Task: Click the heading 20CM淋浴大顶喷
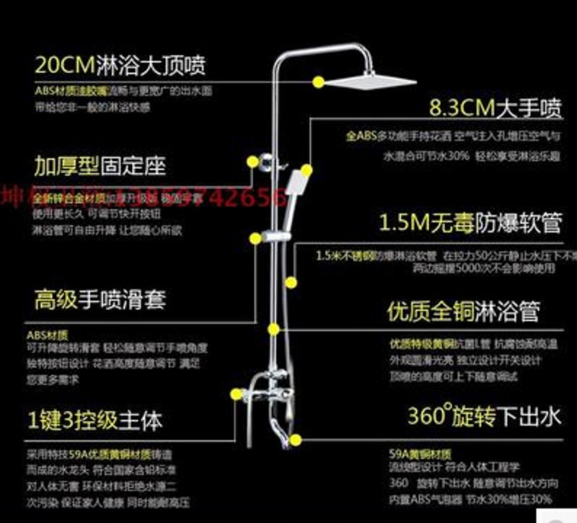tap(120, 66)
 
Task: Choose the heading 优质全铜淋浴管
tap(463, 312)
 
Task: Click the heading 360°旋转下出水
tap(474, 416)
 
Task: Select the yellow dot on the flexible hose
tap(291, 282)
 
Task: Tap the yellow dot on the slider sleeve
tap(255, 238)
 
